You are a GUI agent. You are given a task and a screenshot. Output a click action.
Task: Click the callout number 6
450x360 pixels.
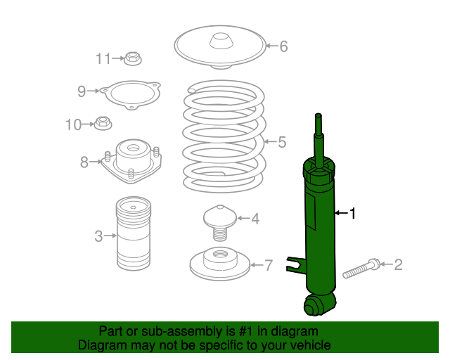tap(283, 46)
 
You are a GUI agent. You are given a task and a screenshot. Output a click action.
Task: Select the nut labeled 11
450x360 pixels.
tap(133, 58)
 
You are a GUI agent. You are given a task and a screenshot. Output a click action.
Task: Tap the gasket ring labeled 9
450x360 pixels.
tap(131, 95)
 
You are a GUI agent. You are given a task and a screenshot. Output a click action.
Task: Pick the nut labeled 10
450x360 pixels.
tap(103, 124)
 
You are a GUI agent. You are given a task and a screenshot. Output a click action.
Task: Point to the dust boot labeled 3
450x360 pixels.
tap(134, 233)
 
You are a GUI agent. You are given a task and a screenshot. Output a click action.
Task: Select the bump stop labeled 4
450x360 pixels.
tap(220, 223)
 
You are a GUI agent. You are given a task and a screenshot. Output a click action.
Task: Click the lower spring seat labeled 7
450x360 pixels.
tap(220, 264)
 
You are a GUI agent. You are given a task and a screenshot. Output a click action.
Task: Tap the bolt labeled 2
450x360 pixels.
tap(362, 268)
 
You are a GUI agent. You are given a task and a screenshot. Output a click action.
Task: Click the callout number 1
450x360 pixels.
tap(353, 213)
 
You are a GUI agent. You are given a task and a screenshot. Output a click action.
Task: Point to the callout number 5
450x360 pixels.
tap(282, 142)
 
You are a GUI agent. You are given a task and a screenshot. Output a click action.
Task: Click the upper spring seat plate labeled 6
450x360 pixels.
tap(220, 47)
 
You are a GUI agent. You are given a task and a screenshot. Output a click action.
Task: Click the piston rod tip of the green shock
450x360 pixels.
tap(319, 116)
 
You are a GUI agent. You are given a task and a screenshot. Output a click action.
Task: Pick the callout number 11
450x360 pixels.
tap(103, 59)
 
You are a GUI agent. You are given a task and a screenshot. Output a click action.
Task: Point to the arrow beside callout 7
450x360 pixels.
tap(257, 264)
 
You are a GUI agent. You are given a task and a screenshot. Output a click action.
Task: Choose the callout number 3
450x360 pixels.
tap(98, 236)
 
